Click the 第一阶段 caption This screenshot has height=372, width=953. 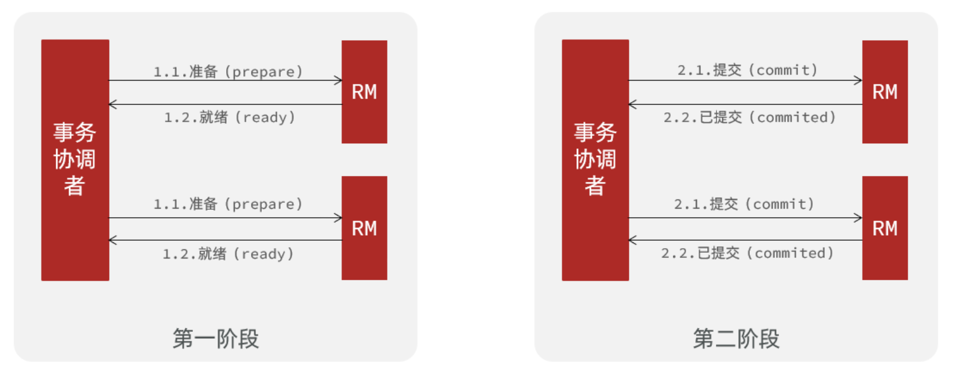click(216, 339)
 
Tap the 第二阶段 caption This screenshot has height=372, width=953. click(736, 339)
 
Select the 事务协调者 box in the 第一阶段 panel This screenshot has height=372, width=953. click(75, 159)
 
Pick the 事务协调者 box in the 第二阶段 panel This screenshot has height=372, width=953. click(595, 159)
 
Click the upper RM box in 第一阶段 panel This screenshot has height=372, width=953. click(364, 92)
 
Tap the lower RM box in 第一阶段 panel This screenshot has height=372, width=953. click(364, 228)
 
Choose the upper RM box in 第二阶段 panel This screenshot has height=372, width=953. click(885, 92)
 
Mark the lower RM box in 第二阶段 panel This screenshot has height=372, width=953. click(885, 228)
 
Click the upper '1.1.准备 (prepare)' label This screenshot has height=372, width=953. click(228, 72)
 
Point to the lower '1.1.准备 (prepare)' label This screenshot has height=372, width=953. click(228, 204)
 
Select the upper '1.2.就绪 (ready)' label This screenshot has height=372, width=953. click(230, 118)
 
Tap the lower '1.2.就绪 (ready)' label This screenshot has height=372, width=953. click(228, 254)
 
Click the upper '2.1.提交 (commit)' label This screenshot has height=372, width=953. click(747, 70)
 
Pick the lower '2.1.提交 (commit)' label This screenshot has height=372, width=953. click(744, 204)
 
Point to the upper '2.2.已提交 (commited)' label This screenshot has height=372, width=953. click(750, 118)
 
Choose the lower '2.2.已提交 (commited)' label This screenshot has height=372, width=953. click(747, 253)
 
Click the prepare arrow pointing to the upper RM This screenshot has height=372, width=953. click(225, 81)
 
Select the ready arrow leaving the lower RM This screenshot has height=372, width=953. click(225, 240)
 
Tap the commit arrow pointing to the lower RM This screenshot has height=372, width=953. click(745, 218)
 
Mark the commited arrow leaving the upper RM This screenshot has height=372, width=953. click(745, 104)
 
